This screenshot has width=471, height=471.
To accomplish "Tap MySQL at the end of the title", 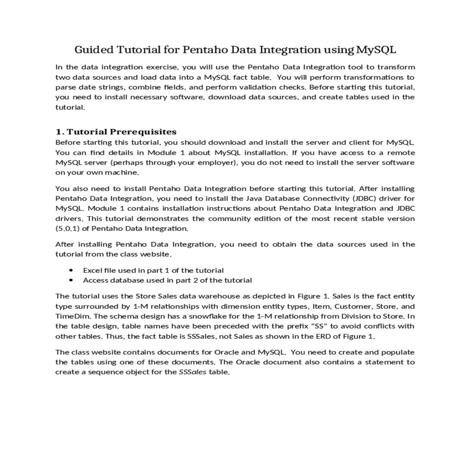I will [376, 50].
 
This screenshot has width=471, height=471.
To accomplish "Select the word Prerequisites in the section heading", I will [143, 132].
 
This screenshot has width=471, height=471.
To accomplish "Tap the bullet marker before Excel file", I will [71, 270].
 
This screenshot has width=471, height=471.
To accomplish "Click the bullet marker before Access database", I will [71, 280].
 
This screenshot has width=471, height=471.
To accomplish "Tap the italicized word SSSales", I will [192, 372].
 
